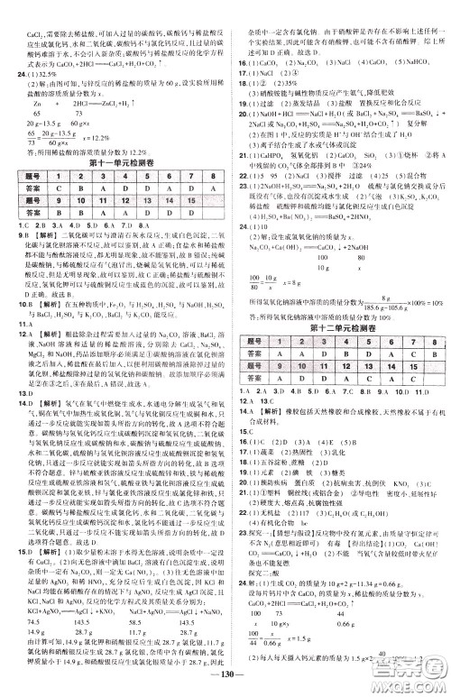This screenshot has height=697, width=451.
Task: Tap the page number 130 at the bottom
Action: (x=225, y=678)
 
